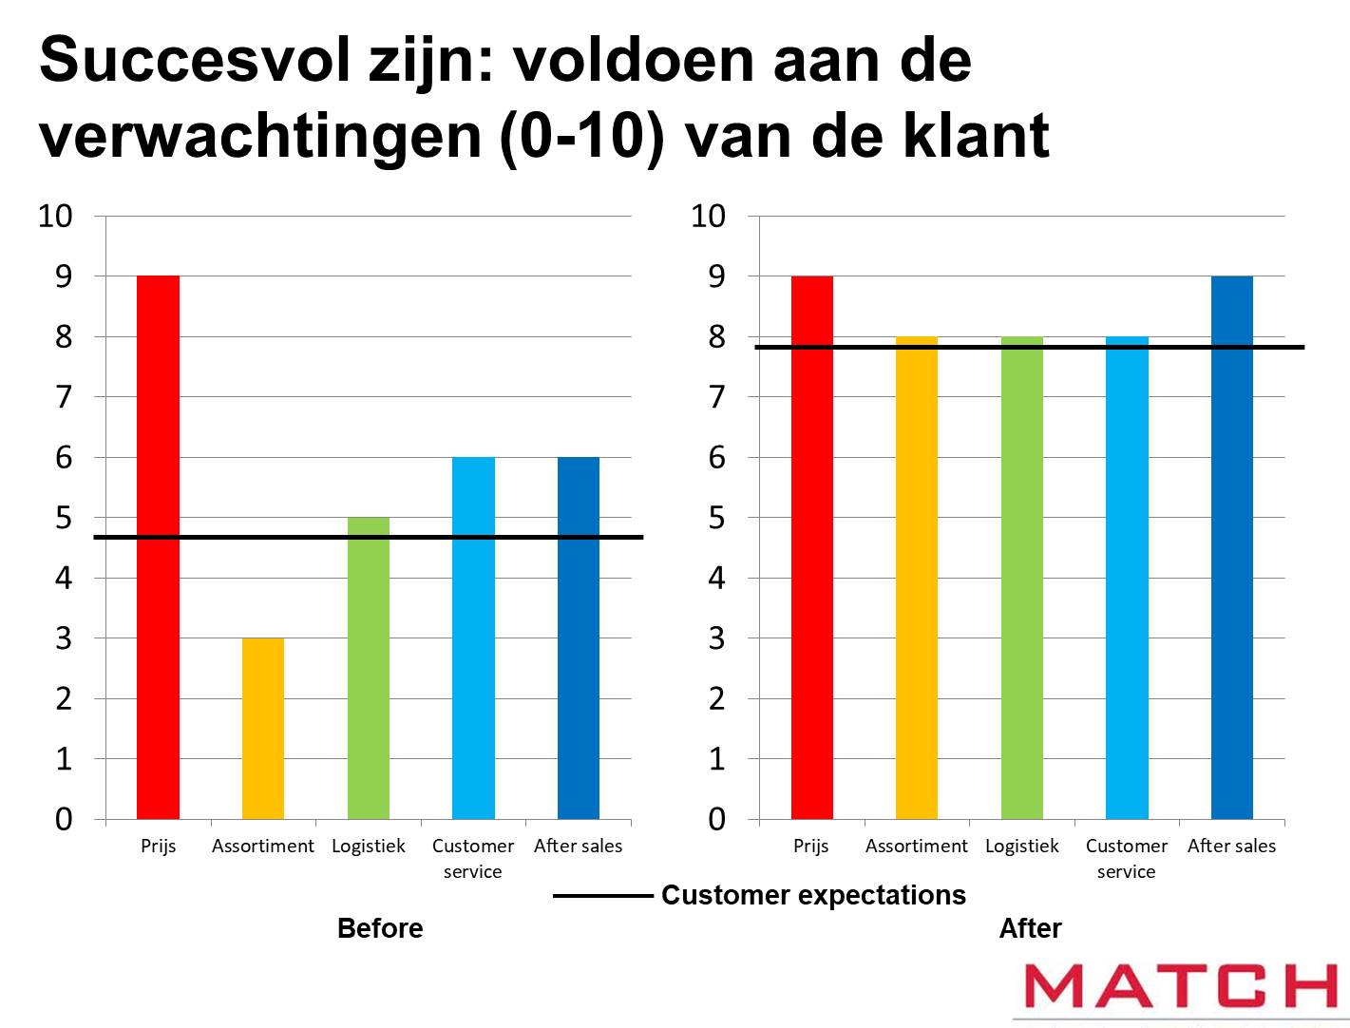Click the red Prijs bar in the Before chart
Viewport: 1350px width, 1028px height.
(158, 546)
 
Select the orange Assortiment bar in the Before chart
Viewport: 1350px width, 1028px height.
(263, 729)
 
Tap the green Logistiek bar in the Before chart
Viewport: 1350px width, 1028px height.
(369, 668)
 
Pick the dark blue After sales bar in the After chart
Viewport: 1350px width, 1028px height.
(1231, 546)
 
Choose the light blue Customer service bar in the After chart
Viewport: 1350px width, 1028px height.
(1127, 578)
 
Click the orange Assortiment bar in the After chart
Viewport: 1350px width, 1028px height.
(917, 578)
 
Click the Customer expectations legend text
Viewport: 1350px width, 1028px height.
(813, 895)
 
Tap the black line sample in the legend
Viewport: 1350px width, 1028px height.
(602, 895)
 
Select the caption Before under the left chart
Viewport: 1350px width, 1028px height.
(380, 928)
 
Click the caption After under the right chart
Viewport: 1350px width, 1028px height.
(1031, 928)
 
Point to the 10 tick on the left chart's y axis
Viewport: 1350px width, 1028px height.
(55, 216)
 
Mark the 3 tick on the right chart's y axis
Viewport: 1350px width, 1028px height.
(716, 638)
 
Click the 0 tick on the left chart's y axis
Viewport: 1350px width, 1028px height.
(64, 819)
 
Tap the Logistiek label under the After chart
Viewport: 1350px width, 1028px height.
(1022, 846)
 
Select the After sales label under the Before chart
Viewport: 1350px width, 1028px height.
(578, 846)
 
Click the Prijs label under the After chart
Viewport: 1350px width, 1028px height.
(811, 846)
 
